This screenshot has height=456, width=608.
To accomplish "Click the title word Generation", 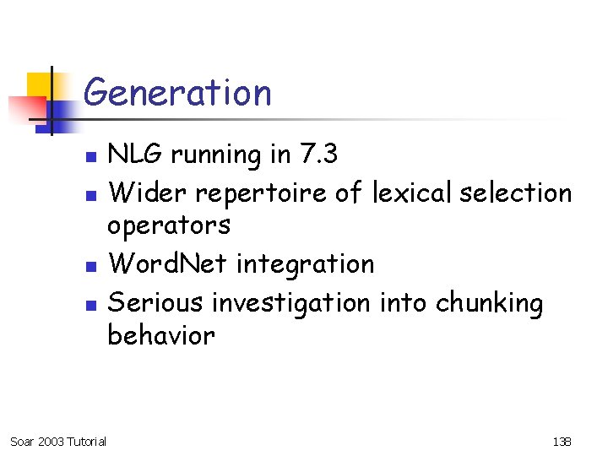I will tap(178, 92).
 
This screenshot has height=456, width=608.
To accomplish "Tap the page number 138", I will tap(562, 442).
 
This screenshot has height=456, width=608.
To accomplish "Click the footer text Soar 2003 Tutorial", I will tap(57, 442).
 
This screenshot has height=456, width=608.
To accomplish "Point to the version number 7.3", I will tap(318, 155).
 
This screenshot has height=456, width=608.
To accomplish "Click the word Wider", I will tap(148, 193).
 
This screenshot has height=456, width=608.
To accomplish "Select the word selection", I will tap(518, 193).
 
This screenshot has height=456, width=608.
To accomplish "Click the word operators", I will tap(168, 226).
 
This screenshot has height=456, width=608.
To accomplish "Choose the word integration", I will tap(305, 265).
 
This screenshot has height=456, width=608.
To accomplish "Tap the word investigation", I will tap(290, 302).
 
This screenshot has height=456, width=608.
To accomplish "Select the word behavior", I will tap(161, 335).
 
